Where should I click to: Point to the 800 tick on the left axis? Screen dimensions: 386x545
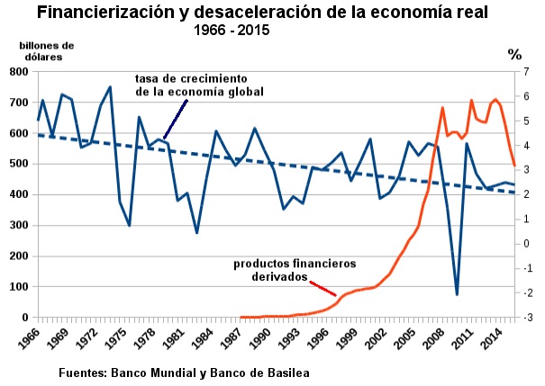(x=18, y=72)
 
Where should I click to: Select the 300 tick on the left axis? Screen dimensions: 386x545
(x=18, y=225)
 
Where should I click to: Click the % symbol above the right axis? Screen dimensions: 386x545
(x=515, y=53)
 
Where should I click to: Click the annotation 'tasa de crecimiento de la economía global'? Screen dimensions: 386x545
(x=199, y=85)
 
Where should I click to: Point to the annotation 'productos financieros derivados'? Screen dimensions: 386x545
(x=295, y=271)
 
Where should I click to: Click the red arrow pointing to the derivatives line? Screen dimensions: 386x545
(x=323, y=289)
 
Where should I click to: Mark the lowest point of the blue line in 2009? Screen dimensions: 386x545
(x=457, y=294)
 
